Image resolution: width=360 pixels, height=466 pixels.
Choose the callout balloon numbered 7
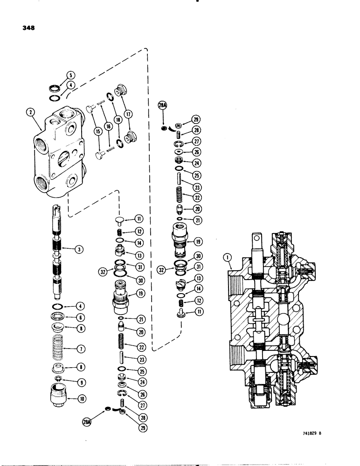(81, 348)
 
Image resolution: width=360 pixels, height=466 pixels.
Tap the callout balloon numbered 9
(81, 383)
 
